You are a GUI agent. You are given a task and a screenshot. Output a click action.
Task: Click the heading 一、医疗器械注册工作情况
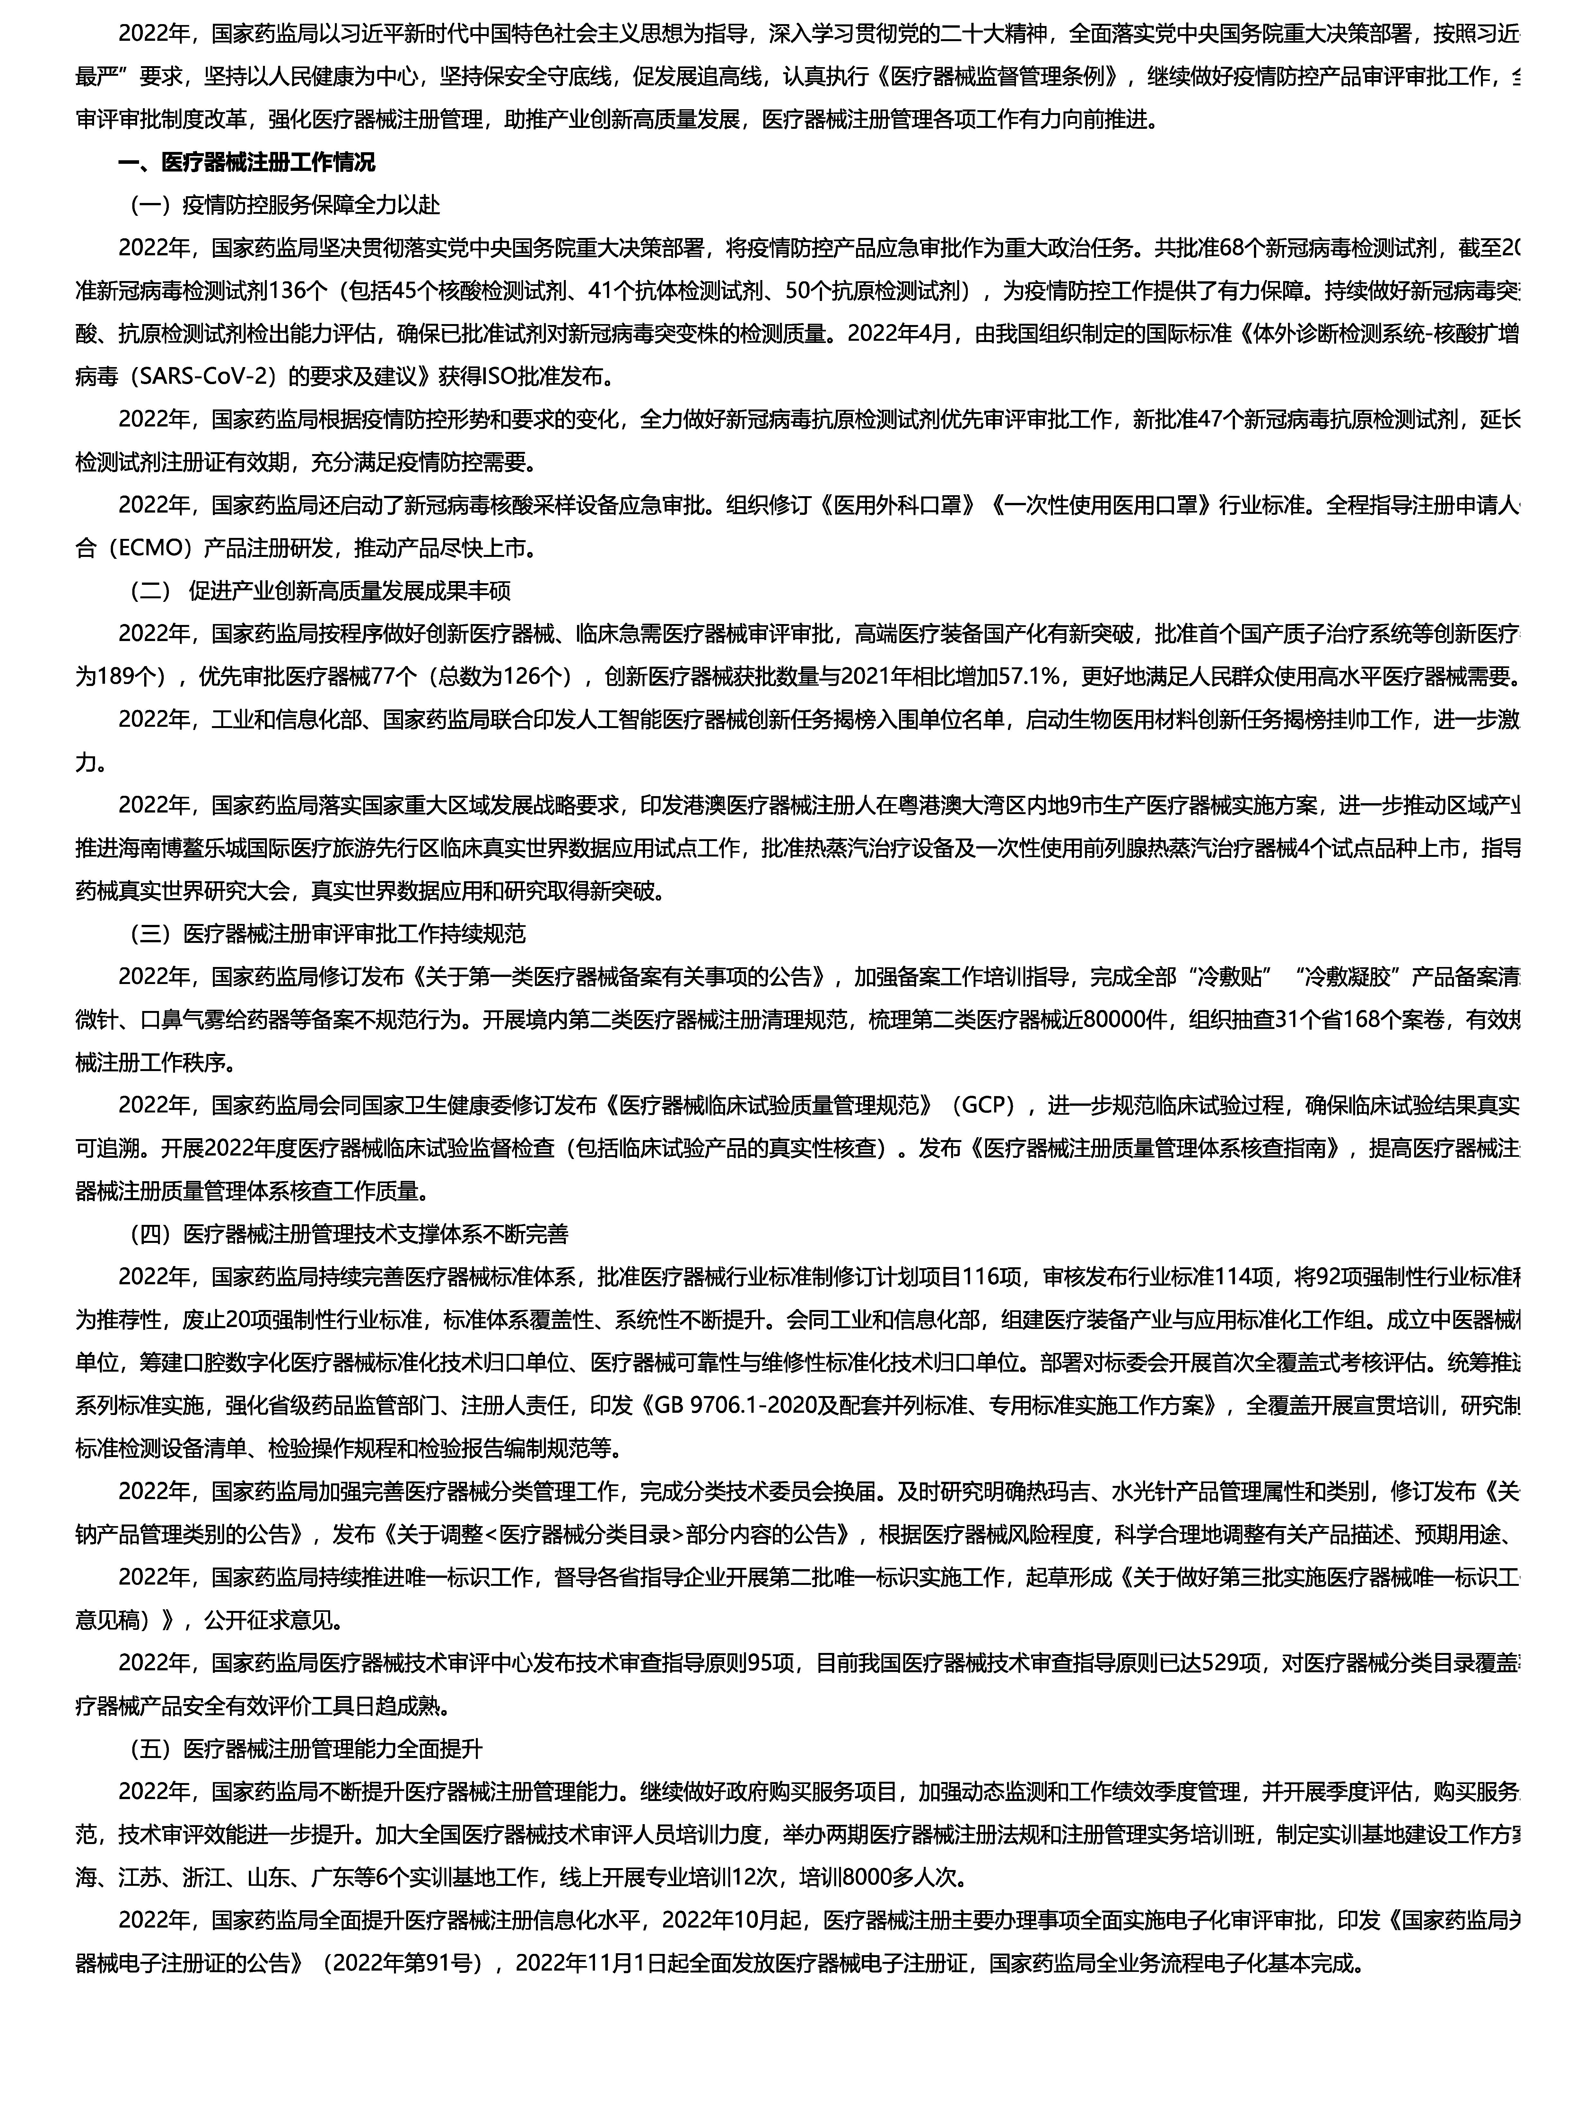click(246, 162)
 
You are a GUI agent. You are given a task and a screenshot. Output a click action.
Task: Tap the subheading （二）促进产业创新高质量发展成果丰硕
click(320, 591)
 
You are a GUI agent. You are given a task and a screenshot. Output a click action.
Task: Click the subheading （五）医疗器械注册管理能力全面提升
click(306, 1749)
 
